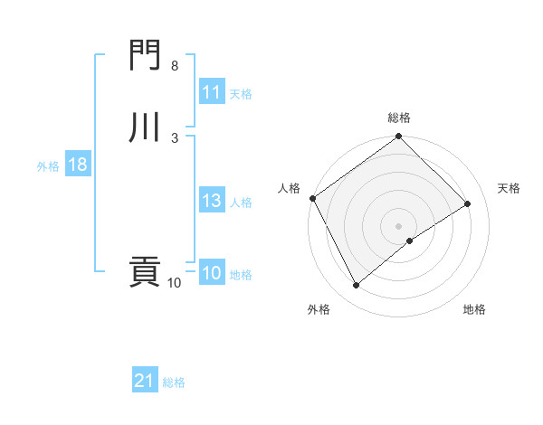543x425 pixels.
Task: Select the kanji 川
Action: [144, 127]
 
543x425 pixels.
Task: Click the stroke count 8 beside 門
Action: [174, 67]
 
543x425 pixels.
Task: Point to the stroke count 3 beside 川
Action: [174, 137]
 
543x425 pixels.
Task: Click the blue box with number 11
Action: [211, 92]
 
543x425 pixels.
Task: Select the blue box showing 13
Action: [211, 201]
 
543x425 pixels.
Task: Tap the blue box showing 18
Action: [77, 165]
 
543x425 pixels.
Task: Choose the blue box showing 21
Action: [144, 382]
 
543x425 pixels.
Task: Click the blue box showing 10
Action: [211, 274]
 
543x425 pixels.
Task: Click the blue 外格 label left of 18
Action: [48, 165]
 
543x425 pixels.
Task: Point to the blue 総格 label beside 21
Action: [174, 382]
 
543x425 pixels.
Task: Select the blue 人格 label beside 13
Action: [241, 203]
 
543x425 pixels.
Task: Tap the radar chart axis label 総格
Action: [399, 118]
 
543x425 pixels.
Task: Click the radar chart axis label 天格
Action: [510, 188]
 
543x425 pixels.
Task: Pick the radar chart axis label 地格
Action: [474, 309]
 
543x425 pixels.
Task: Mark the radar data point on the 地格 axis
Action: [410, 241]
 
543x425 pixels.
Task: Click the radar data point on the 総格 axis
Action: [399, 137]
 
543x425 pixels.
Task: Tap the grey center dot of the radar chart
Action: [399, 225]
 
